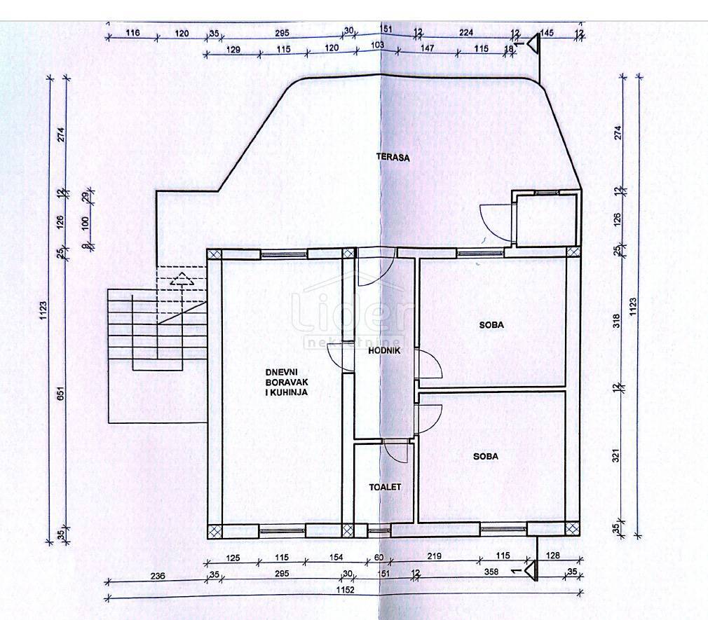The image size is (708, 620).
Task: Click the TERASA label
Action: point(392,158)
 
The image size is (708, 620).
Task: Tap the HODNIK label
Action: point(385,350)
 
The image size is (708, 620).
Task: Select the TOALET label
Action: point(385,486)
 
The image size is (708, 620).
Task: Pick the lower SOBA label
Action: point(485,456)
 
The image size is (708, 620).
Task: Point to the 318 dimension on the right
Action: point(616,322)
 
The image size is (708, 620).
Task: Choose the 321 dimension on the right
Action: point(616,457)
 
